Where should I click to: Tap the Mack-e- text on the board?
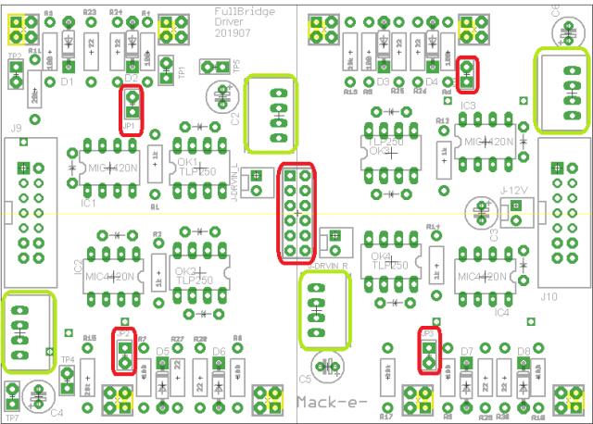331,401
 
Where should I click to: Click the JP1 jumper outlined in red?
131,109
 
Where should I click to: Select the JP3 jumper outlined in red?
428,351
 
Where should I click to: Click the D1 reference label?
66,81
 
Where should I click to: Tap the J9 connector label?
16,129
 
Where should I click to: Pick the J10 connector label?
547,297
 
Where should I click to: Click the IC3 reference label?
467,106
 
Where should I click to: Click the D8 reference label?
524,352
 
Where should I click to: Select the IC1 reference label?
89,201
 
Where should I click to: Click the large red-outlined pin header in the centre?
296,212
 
